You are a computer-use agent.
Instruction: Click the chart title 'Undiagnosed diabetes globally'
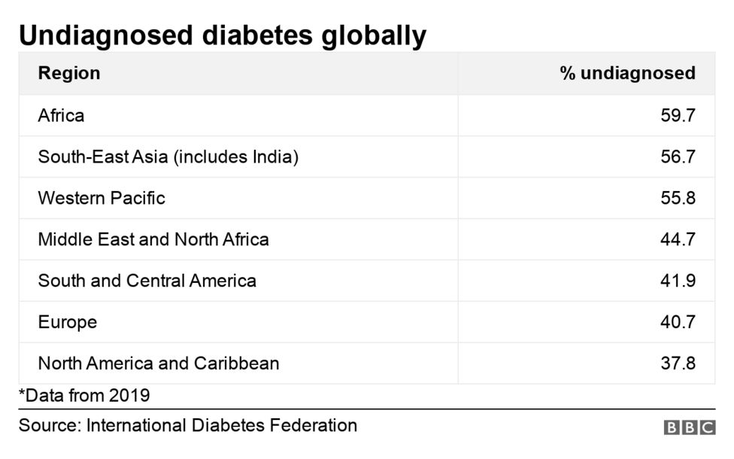pyautogui.click(x=223, y=35)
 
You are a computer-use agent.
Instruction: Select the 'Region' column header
pyautogui.click(x=69, y=73)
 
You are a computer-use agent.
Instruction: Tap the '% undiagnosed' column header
pyautogui.click(x=627, y=73)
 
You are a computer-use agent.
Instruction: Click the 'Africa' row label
pyautogui.click(x=61, y=115)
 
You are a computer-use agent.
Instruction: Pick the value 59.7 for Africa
pyautogui.click(x=678, y=115)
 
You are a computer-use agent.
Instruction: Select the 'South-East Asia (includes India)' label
pyautogui.click(x=168, y=157)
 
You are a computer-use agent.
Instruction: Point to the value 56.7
pyautogui.click(x=678, y=157)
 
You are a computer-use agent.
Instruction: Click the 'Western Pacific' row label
pyautogui.click(x=102, y=198)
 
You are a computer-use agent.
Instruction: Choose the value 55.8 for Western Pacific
pyautogui.click(x=678, y=198)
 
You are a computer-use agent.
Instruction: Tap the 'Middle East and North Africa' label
pyautogui.click(x=153, y=239)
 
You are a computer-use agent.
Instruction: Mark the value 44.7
pyautogui.click(x=678, y=239)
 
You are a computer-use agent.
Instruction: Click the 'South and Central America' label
pyautogui.click(x=147, y=281)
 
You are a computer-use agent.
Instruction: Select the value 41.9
pyautogui.click(x=678, y=281)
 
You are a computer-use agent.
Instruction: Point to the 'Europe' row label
pyautogui.click(x=68, y=322)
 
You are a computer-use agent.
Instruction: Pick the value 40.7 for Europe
pyautogui.click(x=678, y=322)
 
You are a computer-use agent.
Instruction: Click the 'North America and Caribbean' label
pyautogui.click(x=159, y=363)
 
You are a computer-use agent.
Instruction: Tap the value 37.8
pyautogui.click(x=678, y=363)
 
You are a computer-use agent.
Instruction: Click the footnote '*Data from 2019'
pyautogui.click(x=84, y=395)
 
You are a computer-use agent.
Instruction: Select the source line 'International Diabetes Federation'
pyautogui.click(x=221, y=425)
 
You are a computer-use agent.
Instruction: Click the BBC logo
pyautogui.click(x=689, y=427)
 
